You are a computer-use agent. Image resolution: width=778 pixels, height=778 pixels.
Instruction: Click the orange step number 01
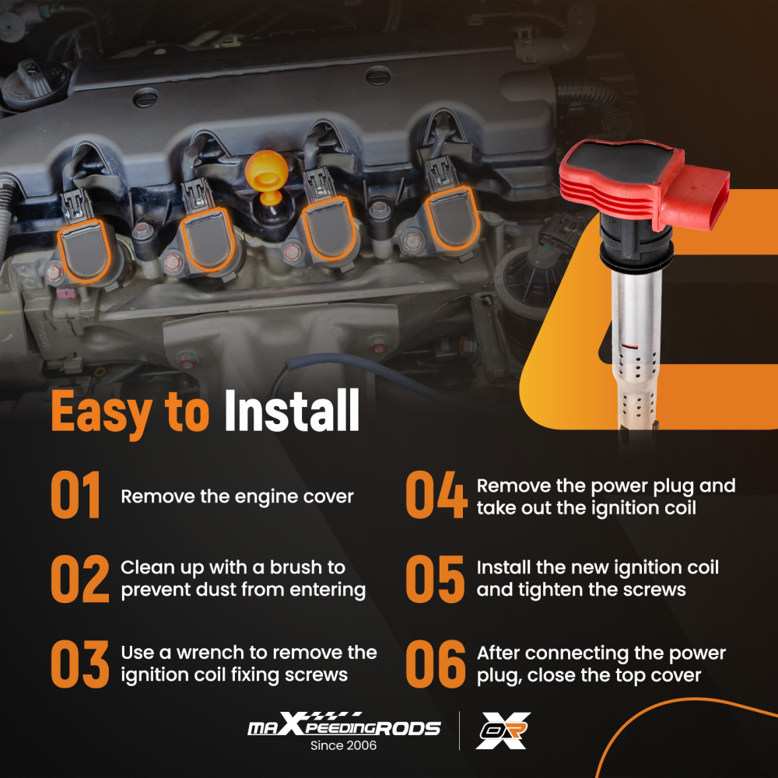[75, 495]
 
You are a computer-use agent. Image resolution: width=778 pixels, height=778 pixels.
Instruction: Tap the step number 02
[80, 579]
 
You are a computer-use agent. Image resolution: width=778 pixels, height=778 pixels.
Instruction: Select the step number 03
[80, 664]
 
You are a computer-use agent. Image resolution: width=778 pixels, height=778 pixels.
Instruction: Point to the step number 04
[436, 495]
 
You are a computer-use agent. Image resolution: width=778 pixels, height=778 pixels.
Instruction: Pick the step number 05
[435, 579]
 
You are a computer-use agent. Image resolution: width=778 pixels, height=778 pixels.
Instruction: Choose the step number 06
[435, 664]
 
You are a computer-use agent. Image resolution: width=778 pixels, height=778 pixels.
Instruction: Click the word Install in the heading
[292, 410]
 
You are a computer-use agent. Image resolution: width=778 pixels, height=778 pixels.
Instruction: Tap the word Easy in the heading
[102, 413]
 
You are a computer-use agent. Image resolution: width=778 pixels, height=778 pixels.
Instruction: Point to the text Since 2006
[343, 745]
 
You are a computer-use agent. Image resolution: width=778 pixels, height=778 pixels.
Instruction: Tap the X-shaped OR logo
[503, 731]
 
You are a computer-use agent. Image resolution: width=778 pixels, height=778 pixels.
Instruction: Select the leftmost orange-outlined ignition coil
[84, 251]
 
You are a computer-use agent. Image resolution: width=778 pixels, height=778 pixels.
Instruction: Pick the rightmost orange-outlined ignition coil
[452, 219]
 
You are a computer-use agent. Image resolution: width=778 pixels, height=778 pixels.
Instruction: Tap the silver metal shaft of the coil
[636, 347]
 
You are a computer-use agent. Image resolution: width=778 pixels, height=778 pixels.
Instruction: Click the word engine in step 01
[265, 497]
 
